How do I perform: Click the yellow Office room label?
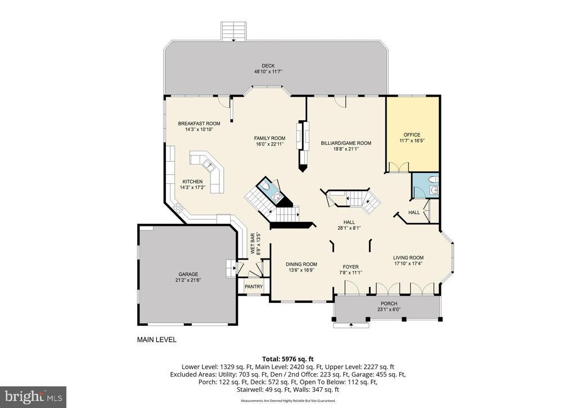pyautogui.click(x=412, y=135)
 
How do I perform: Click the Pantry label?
pyautogui.click(x=253, y=287)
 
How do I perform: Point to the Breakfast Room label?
pyautogui.click(x=199, y=124)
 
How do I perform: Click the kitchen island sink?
pyautogui.click(x=208, y=165)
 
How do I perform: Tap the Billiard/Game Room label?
pyautogui.click(x=346, y=143)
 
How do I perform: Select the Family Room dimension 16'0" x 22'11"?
pyautogui.click(x=269, y=144)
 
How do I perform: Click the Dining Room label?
pyautogui.click(x=301, y=264)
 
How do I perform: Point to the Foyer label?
pyautogui.click(x=350, y=267)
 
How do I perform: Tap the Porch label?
pyautogui.click(x=389, y=303)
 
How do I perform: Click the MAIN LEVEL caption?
pyautogui.click(x=157, y=339)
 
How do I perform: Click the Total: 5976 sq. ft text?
pyautogui.click(x=287, y=358)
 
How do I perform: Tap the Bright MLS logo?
pyautogui.click(x=33, y=397)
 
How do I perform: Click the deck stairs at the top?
pyautogui.click(x=233, y=31)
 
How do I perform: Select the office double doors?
pyautogui.click(x=398, y=167)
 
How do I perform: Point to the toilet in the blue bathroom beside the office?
pyautogui.click(x=432, y=180)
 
